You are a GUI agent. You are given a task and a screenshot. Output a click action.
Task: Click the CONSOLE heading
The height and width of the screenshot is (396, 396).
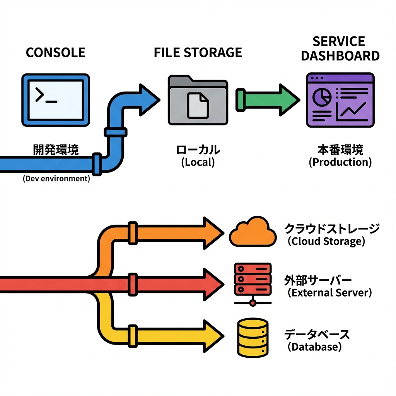(x=55, y=52)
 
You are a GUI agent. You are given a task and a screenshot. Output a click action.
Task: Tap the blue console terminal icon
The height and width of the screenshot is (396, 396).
(x=56, y=100)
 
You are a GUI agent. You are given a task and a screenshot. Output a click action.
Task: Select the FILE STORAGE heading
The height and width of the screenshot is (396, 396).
(x=198, y=52)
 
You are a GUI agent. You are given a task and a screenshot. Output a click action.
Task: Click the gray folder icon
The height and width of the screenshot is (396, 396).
(x=198, y=99)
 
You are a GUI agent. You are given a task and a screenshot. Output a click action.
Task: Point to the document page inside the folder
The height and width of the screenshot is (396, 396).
(x=198, y=105)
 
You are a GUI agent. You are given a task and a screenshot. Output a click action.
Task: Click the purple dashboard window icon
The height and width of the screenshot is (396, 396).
(x=340, y=100)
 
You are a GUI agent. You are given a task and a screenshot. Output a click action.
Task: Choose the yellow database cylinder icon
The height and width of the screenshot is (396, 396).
(x=252, y=338)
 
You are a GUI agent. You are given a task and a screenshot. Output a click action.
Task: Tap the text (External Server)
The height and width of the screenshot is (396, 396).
(x=329, y=292)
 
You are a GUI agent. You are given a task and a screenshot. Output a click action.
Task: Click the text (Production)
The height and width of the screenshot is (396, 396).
(x=340, y=162)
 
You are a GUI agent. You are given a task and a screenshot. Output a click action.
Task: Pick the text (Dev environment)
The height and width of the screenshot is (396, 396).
(x=56, y=179)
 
